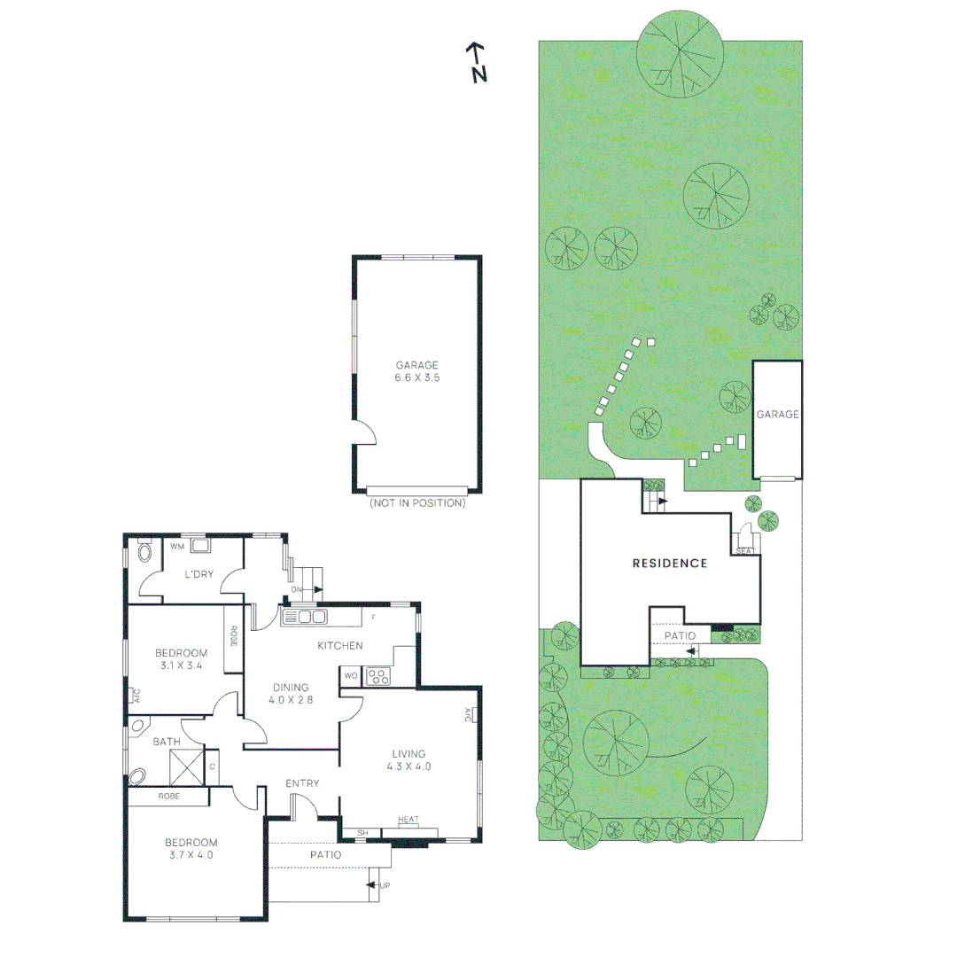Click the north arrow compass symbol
click(477, 62)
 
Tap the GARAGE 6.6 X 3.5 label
click(416, 370)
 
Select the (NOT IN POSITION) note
click(417, 503)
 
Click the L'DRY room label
click(199, 574)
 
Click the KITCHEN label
click(340, 645)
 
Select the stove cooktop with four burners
click(378, 676)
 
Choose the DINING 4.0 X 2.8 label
click(291, 693)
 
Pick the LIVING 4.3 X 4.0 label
click(409, 760)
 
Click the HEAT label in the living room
click(408, 820)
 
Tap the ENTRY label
click(302, 783)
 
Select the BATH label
click(167, 742)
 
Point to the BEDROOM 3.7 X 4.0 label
click(190, 849)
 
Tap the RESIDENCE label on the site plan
click(669, 563)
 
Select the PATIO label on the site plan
click(681, 635)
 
